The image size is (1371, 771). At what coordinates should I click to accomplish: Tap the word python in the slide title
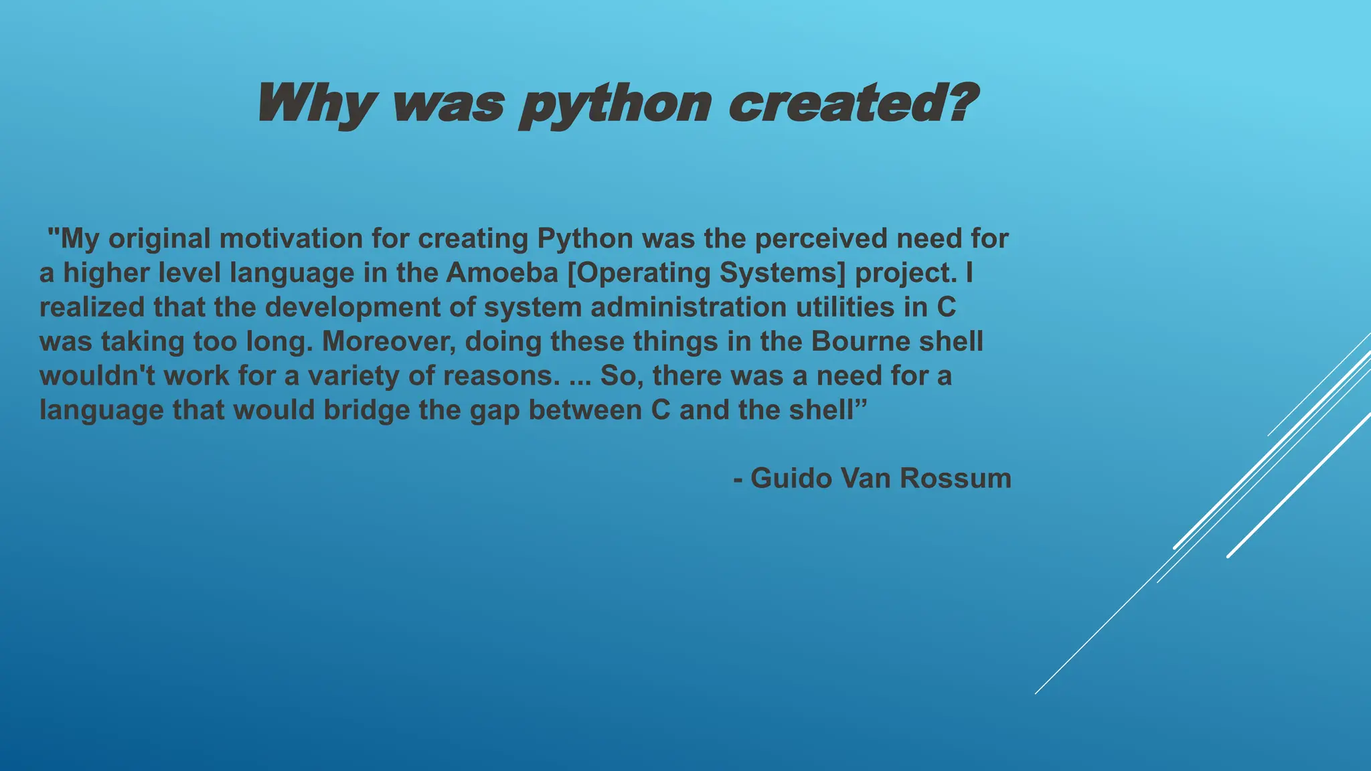click(615, 105)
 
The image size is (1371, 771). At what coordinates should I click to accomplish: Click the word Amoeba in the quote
click(502, 272)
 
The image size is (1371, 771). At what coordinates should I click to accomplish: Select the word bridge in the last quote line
click(367, 410)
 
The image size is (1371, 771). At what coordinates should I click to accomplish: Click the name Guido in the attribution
click(791, 478)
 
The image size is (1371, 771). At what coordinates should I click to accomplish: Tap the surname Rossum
click(955, 478)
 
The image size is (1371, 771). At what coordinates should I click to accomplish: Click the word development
click(370, 307)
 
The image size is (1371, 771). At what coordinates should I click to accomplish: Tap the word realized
click(92, 307)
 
